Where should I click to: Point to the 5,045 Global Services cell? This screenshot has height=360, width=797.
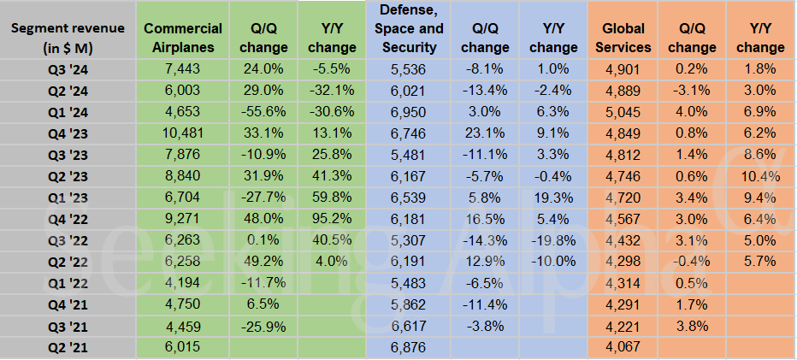(x=622, y=110)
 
